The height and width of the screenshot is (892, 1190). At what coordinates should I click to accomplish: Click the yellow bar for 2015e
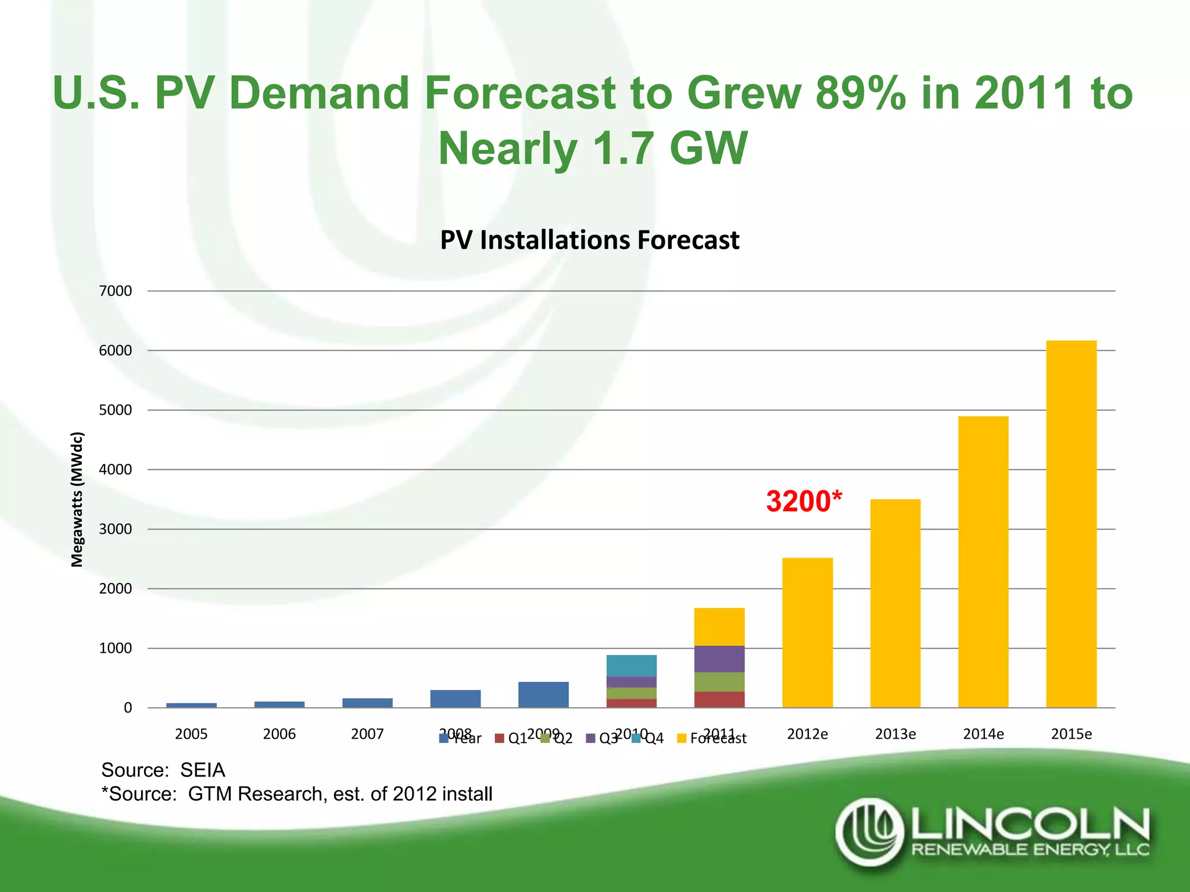(1071, 523)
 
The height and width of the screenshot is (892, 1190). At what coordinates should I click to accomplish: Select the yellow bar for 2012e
(807, 633)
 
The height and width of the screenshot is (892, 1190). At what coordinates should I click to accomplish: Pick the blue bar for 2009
(543, 695)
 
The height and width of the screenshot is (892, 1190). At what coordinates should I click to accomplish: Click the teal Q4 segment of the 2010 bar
(631, 666)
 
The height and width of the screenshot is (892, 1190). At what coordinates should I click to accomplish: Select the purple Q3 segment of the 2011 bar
(719, 659)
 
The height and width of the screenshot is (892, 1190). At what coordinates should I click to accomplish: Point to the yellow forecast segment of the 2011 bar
(719, 627)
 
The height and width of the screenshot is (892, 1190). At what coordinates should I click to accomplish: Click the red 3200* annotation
(804, 501)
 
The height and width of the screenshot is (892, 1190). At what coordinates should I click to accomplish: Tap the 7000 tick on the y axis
(116, 291)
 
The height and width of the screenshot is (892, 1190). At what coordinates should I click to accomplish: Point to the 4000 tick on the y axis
(116, 469)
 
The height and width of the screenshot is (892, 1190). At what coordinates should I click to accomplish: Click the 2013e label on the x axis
(895, 734)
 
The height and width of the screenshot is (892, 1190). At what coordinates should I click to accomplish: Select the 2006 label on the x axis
(279, 734)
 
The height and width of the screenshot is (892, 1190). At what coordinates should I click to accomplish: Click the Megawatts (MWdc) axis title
(77, 499)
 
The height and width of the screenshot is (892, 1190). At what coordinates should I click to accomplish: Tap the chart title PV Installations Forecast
(589, 240)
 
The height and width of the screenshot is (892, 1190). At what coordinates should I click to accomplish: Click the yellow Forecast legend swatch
(682, 738)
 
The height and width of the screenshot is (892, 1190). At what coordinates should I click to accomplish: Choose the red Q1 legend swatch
(499, 738)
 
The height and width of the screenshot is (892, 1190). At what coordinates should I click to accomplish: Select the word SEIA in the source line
(202, 770)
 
